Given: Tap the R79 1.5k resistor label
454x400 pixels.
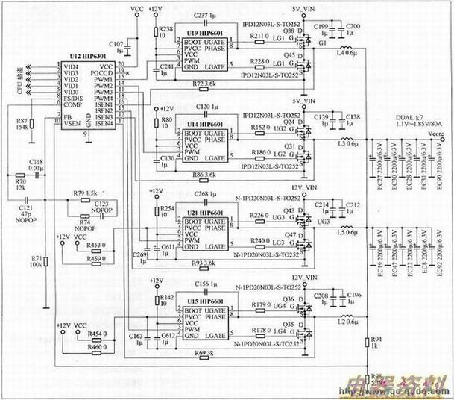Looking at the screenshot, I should (x=88, y=193).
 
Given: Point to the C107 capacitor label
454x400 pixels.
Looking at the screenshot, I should (x=117, y=45).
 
